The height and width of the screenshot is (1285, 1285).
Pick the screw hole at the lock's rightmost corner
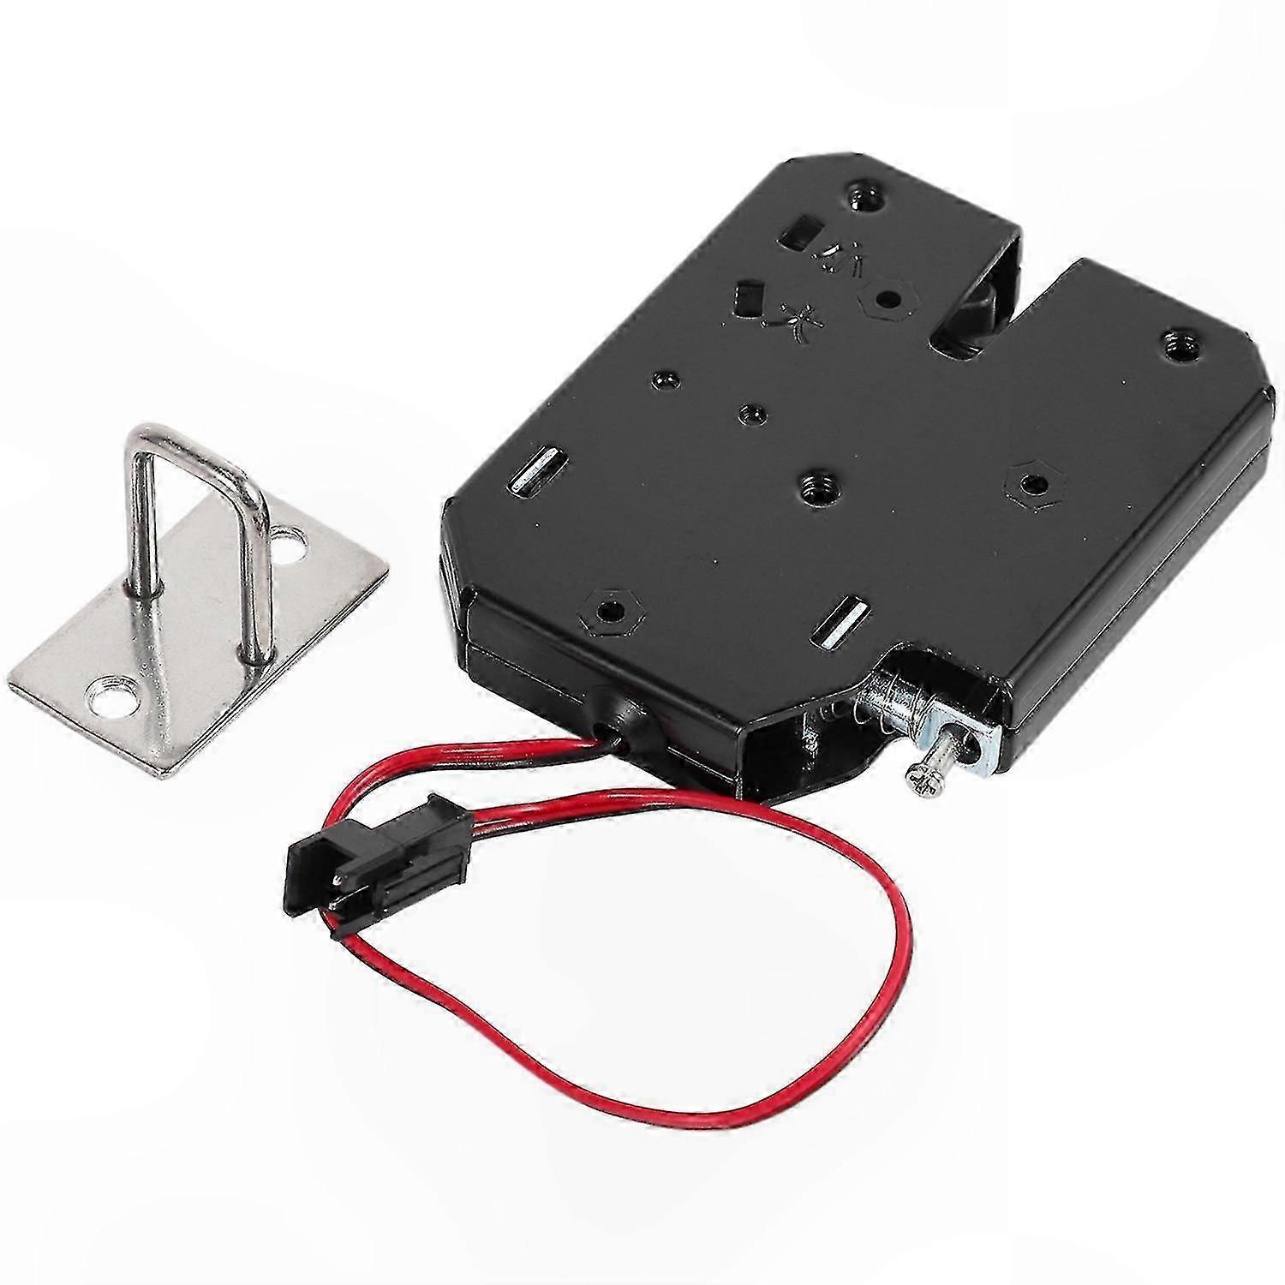click(x=1183, y=346)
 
